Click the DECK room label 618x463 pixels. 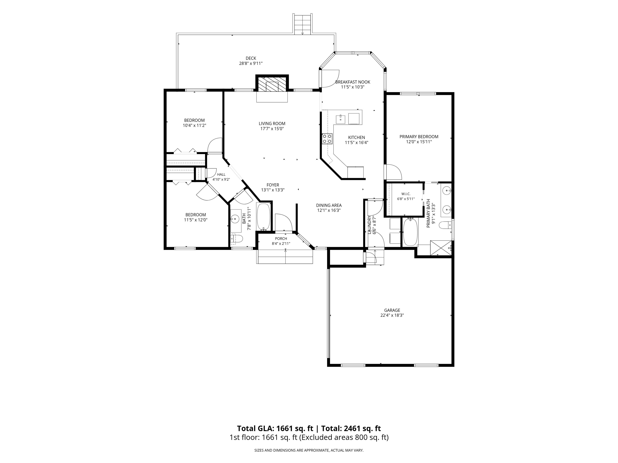pyautogui.click(x=251, y=58)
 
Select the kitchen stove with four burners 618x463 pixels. pyautogui.click(x=327, y=139)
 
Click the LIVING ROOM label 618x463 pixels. pyautogui.click(x=272, y=124)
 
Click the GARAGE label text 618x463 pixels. pyautogui.click(x=392, y=310)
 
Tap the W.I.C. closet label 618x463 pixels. pyautogui.click(x=406, y=194)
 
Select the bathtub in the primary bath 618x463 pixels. pyautogui.click(x=410, y=232)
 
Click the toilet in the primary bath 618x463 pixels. pyautogui.click(x=445, y=225)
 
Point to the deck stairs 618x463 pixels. pyautogui.click(x=302, y=24)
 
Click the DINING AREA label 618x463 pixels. pyautogui.click(x=329, y=205)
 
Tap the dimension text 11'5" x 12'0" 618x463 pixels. pyautogui.click(x=196, y=220)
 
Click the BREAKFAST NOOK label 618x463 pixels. pyautogui.click(x=353, y=82)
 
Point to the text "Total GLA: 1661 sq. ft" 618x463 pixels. pyautogui.click(x=275, y=428)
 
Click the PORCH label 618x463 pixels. pyautogui.click(x=281, y=239)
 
